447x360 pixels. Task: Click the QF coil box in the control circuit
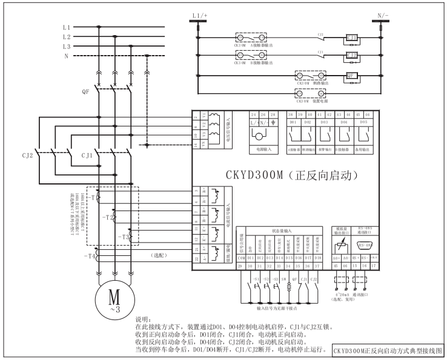(x=349, y=76)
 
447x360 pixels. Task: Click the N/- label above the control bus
(x=383, y=14)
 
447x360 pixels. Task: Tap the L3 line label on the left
(x=67, y=46)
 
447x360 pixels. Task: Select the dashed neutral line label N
(x=67, y=56)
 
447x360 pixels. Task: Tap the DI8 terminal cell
(x=318, y=259)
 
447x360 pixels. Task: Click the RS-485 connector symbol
(x=365, y=246)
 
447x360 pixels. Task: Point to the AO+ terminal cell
(x=336, y=259)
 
